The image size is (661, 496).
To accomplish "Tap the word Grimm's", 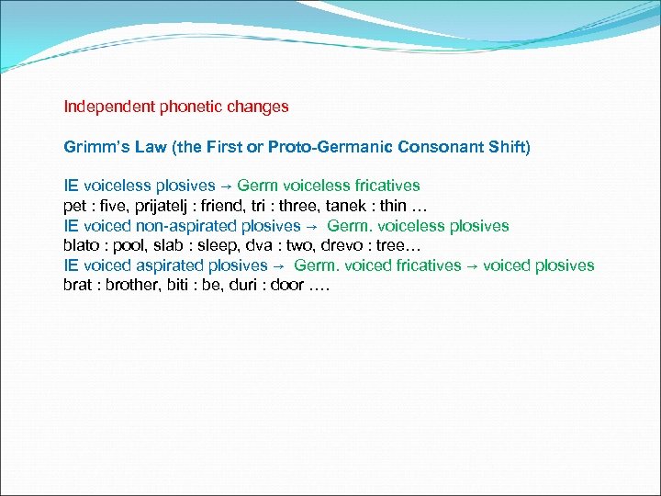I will pyautogui.click(x=89, y=147).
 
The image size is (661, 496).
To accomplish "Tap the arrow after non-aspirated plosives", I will pyautogui.click(x=312, y=227).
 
